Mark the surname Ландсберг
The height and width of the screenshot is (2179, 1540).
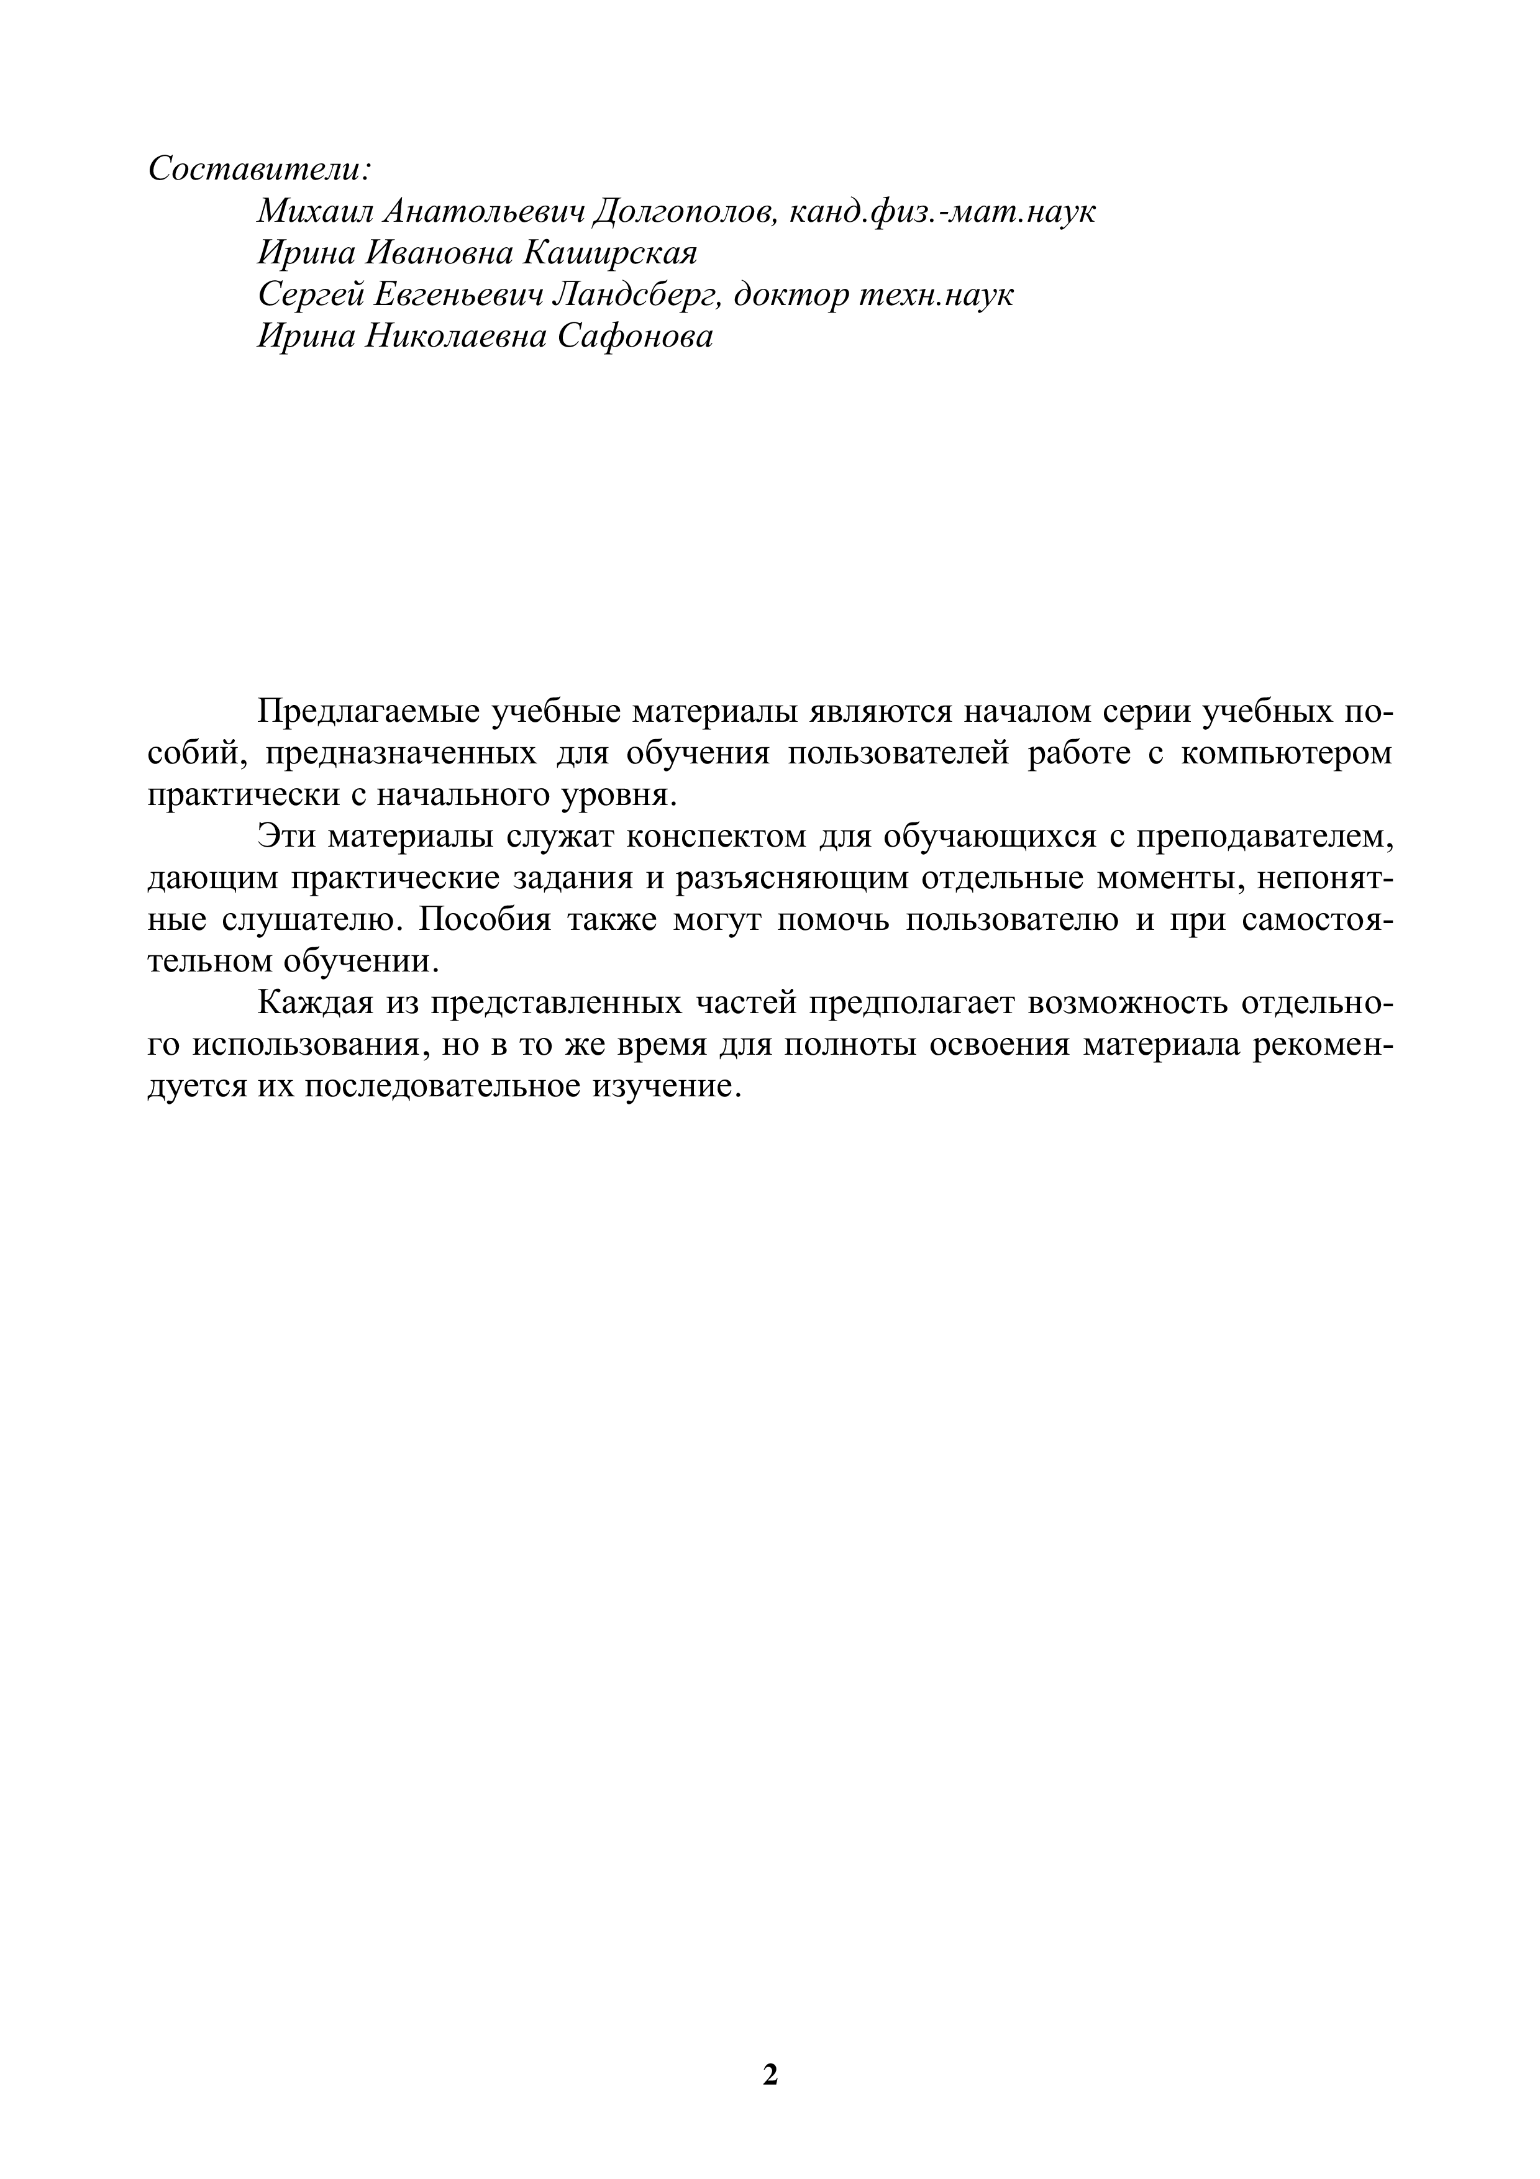637,294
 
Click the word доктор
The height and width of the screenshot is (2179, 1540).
792,294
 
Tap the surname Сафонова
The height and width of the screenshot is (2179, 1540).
635,336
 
